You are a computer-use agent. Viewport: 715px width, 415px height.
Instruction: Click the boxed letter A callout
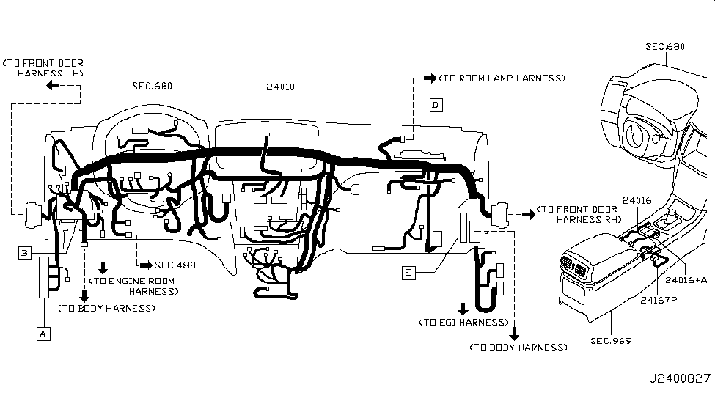click(x=43, y=334)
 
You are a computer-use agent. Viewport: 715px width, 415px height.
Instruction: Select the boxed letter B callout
click(x=25, y=253)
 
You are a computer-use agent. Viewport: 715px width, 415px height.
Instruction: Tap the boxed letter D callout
click(x=436, y=106)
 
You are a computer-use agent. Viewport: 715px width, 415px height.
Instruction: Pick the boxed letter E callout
click(x=408, y=273)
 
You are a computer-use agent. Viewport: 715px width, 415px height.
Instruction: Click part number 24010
click(x=280, y=87)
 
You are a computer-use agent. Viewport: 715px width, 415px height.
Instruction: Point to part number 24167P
click(x=659, y=300)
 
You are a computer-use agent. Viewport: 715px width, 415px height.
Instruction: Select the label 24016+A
click(x=686, y=280)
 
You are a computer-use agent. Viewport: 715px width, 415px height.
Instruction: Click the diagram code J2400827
click(x=680, y=378)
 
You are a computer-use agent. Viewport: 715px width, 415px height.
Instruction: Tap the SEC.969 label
click(x=611, y=341)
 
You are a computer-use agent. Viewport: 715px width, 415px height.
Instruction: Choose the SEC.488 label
click(x=175, y=265)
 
